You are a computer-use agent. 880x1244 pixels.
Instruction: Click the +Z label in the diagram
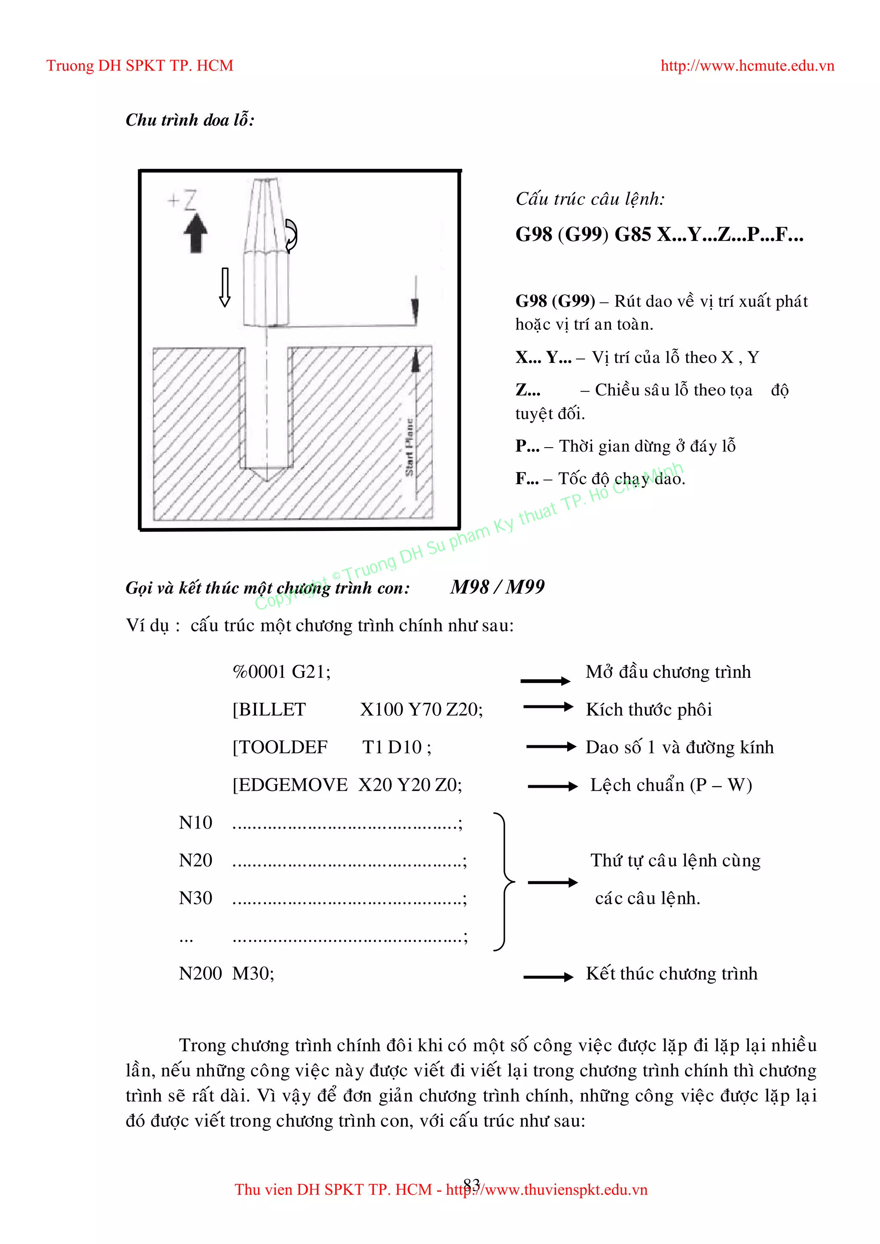(x=183, y=200)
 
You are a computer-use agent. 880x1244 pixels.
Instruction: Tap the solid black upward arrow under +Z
(x=196, y=233)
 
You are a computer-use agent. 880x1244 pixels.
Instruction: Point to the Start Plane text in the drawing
(x=409, y=447)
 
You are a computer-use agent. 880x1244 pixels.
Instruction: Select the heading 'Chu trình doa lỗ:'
(x=189, y=120)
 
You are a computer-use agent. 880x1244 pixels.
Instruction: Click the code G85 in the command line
(x=632, y=235)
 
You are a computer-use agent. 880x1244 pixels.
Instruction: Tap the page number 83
(x=471, y=1184)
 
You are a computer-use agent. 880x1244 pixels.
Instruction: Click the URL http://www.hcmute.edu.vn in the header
(x=747, y=66)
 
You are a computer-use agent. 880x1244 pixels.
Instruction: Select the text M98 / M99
(x=497, y=587)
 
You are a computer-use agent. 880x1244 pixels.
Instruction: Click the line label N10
(x=195, y=823)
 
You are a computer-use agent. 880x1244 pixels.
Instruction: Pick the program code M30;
(x=253, y=974)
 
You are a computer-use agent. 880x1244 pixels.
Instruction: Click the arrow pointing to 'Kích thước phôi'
(x=548, y=707)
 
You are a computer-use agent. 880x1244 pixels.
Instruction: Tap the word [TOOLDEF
(x=280, y=747)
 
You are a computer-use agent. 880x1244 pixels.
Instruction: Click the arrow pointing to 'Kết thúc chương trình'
(x=548, y=977)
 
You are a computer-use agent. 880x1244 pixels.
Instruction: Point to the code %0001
(x=259, y=672)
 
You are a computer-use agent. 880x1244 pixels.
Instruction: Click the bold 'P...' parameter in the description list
(x=527, y=446)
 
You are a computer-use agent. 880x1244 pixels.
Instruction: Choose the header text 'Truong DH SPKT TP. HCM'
(x=140, y=66)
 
